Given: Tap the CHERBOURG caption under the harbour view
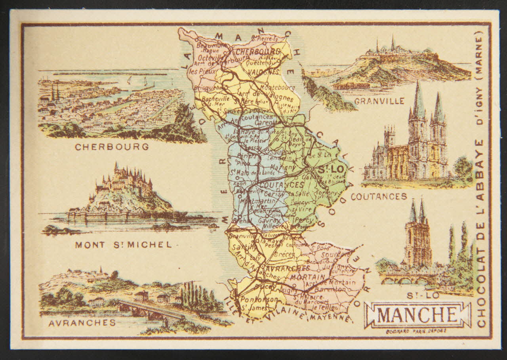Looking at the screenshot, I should tap(112, 147).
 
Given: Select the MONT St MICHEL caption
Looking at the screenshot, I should tap(124, 245).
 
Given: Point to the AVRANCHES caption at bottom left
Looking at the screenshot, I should tap(82, 323).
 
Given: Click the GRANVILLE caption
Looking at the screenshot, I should tap(379, 101).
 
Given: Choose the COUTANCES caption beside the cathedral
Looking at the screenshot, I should tap(379, 196).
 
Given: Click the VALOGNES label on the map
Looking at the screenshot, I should tap(265, 71).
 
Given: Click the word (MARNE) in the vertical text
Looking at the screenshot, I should tap(480, 60).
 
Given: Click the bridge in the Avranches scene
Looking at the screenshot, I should tap(151, 309).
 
